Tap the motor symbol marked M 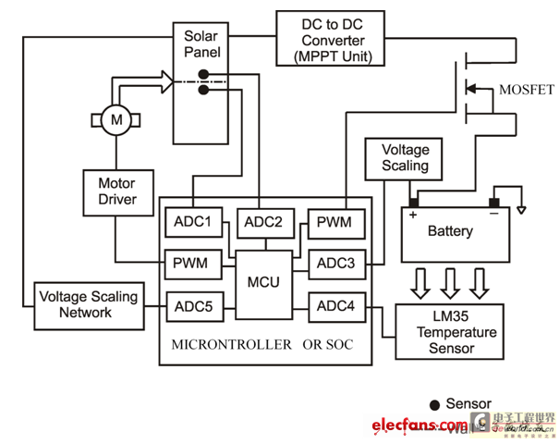[x=116, y=118]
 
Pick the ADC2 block [x=265, y=223]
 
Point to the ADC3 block [x=336, y=264]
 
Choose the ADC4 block [x=336, y=304]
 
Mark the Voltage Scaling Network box [x=88, y=305]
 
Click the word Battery [x=450, y=231]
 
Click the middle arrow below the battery [x=450, y=279]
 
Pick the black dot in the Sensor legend [x=434, y=404]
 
